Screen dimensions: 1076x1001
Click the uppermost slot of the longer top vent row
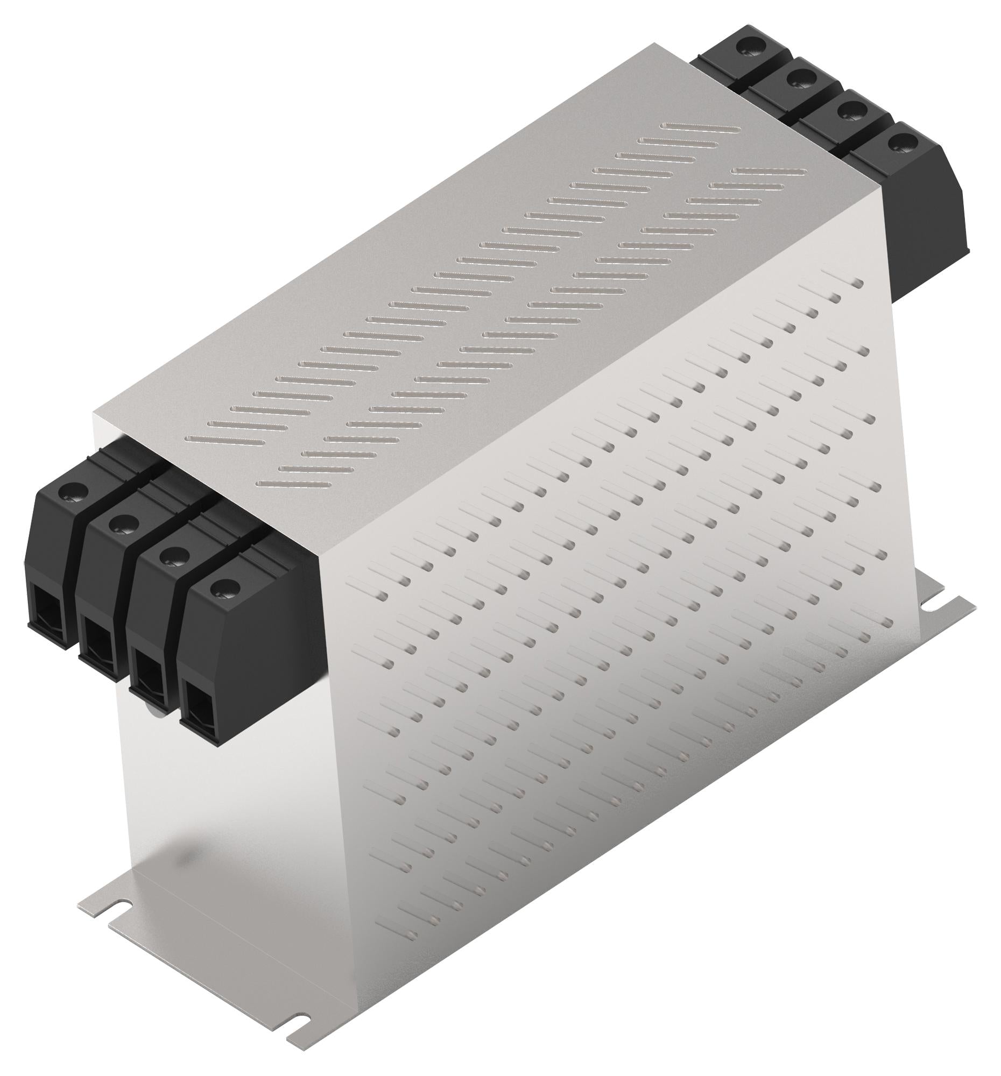pos(701,128)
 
